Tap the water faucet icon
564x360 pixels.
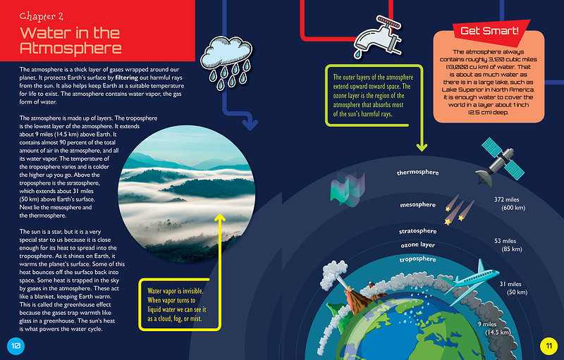[x=377, y=37]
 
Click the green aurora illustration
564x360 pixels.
[x=348, y=189]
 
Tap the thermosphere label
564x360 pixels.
[x=417, y=173]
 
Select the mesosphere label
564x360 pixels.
[x=417, y=205]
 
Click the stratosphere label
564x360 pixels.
[x=417, y=231]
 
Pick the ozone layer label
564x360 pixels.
[x=418, y=245]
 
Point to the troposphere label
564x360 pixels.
[x=417, y=259]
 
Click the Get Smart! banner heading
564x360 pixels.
[x=489, y=30]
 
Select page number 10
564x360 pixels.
[x=16, y=346]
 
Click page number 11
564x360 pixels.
[x=548, y=346]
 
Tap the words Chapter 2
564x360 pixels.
[x=42, y=16]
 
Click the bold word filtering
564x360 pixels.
[x=127, y=77]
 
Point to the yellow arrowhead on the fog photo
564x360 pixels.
[x=220, y=217]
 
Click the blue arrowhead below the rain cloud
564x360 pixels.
[x=250, y=125]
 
